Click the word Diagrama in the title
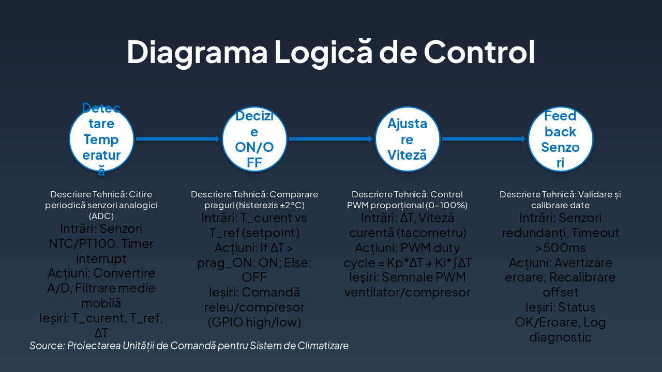click(197, 51)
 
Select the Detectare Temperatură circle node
click(101, 139)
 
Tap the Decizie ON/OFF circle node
click(254, 139)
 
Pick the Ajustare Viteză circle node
click(407, 139)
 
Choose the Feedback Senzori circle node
click(560, 139)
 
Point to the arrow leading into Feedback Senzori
click(484, 139)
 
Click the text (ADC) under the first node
click(101, 215)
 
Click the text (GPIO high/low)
click(254, 322)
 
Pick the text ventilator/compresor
click(408, 292)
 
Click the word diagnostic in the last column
click(560, 337)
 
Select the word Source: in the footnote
click(47, 346)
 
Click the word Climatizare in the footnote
click(323, 346)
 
